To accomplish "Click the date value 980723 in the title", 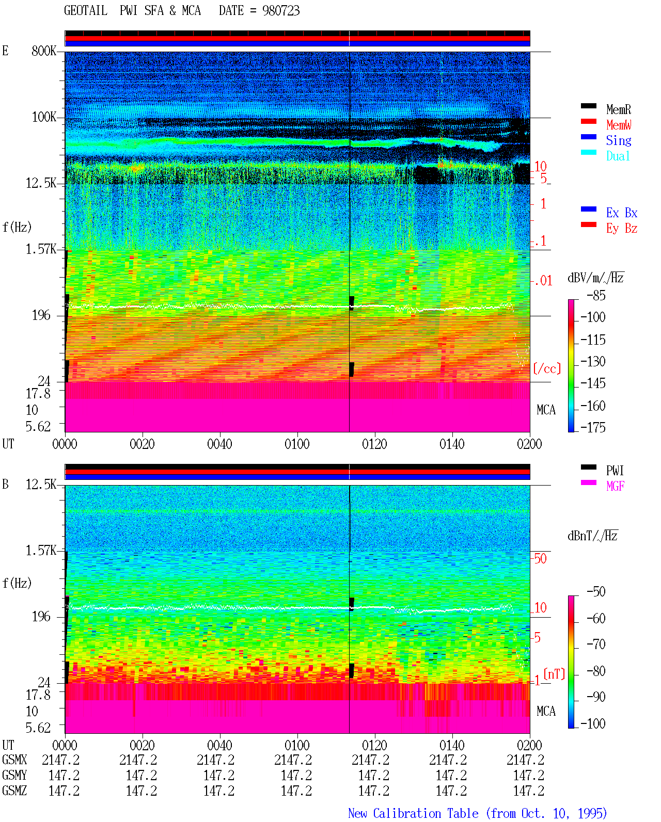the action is pos(281,11).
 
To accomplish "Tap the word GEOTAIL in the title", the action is pos(86,11).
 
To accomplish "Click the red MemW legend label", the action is pos(619,125).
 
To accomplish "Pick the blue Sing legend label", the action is pos(619,140).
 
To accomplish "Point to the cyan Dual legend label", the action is pos(618,156).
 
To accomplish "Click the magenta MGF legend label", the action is pos(616,486).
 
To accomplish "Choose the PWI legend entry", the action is pos(615,471).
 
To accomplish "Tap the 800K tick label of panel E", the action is pos(44,51).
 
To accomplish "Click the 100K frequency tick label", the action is pos(44,117).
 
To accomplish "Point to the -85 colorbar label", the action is pos(596,295).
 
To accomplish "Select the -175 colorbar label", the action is pos(593,427).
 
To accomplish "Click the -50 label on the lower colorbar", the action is pos(596,592).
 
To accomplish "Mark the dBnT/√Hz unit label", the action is pos(593,536).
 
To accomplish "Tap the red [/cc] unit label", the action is pos(547,368).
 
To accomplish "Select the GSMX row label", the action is pos(14,760).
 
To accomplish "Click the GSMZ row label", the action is pos(14,791).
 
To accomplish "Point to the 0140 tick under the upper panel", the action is pos(452,444).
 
